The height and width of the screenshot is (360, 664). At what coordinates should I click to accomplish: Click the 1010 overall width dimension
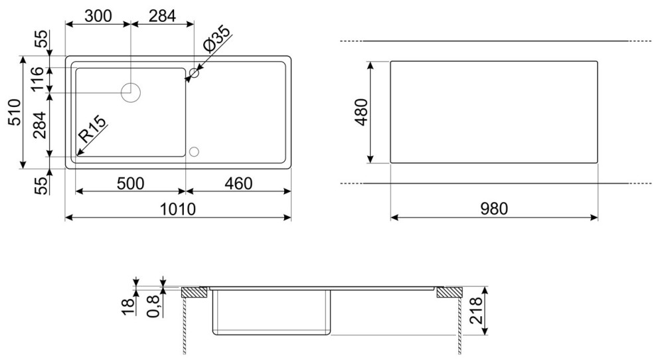178,209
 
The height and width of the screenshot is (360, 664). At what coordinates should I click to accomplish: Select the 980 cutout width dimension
494,209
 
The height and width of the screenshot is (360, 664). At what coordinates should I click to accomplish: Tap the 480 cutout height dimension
361,112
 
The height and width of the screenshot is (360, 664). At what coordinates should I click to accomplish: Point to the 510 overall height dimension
15,112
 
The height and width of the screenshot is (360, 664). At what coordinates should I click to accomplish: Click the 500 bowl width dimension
130,183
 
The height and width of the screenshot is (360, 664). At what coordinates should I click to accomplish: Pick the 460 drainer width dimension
238,183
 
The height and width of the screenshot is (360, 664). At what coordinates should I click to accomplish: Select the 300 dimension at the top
98,16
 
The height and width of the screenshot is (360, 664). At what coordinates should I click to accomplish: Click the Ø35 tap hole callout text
216,39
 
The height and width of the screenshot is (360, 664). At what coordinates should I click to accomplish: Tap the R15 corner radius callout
93,129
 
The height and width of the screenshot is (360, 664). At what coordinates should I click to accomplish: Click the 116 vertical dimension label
37,79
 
